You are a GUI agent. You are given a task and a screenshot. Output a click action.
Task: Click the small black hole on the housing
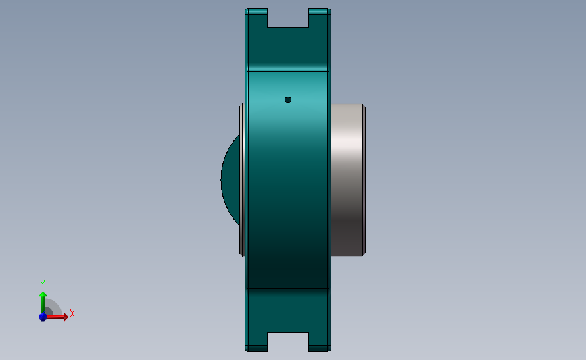point(288,99)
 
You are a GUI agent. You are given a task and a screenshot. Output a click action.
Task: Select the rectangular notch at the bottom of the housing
point(288,342)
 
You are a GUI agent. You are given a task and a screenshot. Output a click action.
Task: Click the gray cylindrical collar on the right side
point(346,179)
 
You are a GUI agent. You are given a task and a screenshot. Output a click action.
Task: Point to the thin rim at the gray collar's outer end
point(364,179)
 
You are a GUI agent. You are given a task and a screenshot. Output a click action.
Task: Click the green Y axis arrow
point(43,300)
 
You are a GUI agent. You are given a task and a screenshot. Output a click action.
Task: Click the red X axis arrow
point(59,316)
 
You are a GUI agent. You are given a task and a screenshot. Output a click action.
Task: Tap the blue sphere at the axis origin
point(43,316)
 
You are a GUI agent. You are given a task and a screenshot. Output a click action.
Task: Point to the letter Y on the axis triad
point(42,284)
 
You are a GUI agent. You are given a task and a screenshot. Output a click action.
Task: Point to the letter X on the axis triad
point(72,313)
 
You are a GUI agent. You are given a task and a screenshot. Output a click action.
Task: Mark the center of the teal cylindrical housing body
point(288,179)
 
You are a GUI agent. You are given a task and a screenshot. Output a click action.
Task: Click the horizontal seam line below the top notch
point(288,66)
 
